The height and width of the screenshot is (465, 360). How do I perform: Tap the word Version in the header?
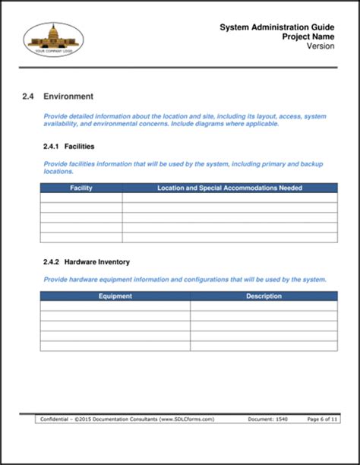click(321, 46)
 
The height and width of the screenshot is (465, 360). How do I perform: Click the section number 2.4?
click(29, 96)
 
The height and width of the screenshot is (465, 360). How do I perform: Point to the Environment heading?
click(68, 96)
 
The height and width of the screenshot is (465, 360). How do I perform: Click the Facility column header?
click(81, 188)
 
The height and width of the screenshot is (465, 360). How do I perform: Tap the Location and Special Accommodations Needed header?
click(229, 188)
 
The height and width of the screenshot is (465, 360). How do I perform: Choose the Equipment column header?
click(115, 296)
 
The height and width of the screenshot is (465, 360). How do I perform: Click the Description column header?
click(264, 296)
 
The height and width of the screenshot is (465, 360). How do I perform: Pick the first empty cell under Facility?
click(81, 198)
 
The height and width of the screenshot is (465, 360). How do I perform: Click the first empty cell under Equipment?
click(115, 306)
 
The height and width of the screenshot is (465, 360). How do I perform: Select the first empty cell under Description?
click(264, 306)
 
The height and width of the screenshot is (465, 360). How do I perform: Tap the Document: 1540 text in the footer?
click(267, 419)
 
